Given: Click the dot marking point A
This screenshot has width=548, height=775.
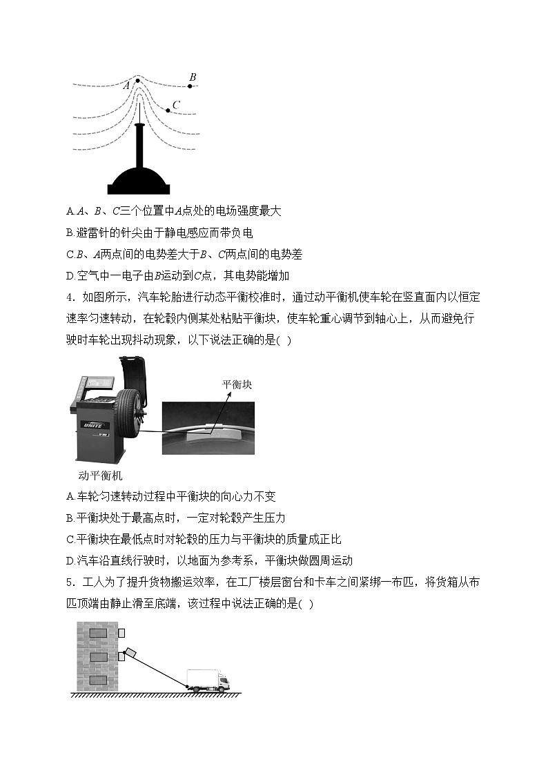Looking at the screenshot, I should point(138,81).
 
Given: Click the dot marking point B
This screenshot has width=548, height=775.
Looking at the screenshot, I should point(190,86).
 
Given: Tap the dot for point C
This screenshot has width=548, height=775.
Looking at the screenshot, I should point(168,110).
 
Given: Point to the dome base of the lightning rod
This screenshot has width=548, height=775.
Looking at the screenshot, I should point(140,181).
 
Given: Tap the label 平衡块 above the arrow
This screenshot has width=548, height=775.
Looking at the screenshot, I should point(237,384).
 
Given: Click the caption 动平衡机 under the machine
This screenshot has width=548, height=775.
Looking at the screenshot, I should point(101,475).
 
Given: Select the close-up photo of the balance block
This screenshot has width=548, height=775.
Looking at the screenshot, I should point(217,428).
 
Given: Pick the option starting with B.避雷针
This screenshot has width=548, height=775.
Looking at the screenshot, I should point(159,233).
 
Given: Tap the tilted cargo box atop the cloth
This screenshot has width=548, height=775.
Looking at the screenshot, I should point(130,653).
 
